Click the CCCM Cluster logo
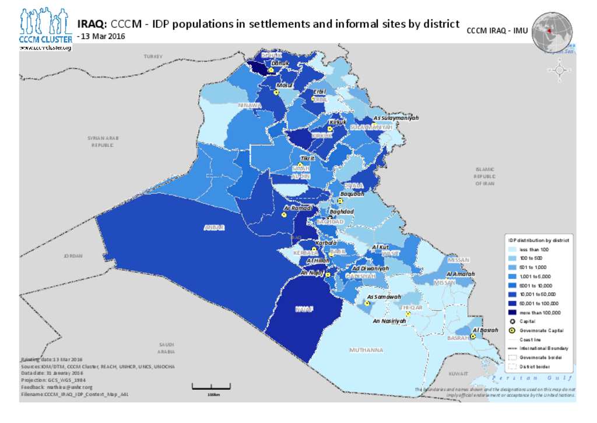(45, 28)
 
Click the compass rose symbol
(560, 70)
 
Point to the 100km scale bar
(211, 387)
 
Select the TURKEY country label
(153, 56)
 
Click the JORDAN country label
(73, 256)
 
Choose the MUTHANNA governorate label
(366, 350)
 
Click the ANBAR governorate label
(213, 227)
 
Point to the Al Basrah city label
(486, 330)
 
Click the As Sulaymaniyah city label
(396, 117)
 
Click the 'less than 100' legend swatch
(512, 249)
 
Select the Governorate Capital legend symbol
(512, 330)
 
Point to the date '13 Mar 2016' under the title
(103, 36)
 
